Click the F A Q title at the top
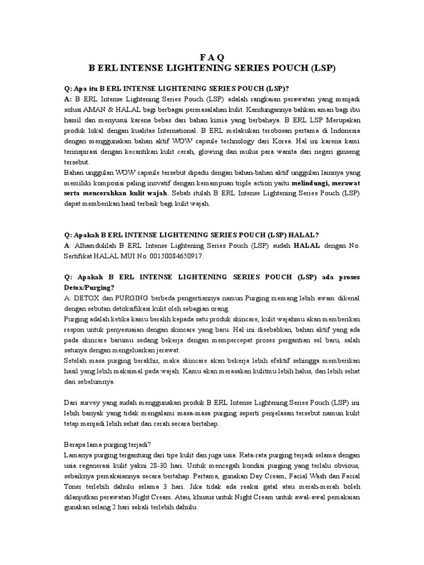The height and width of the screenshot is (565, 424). [212, 57]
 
